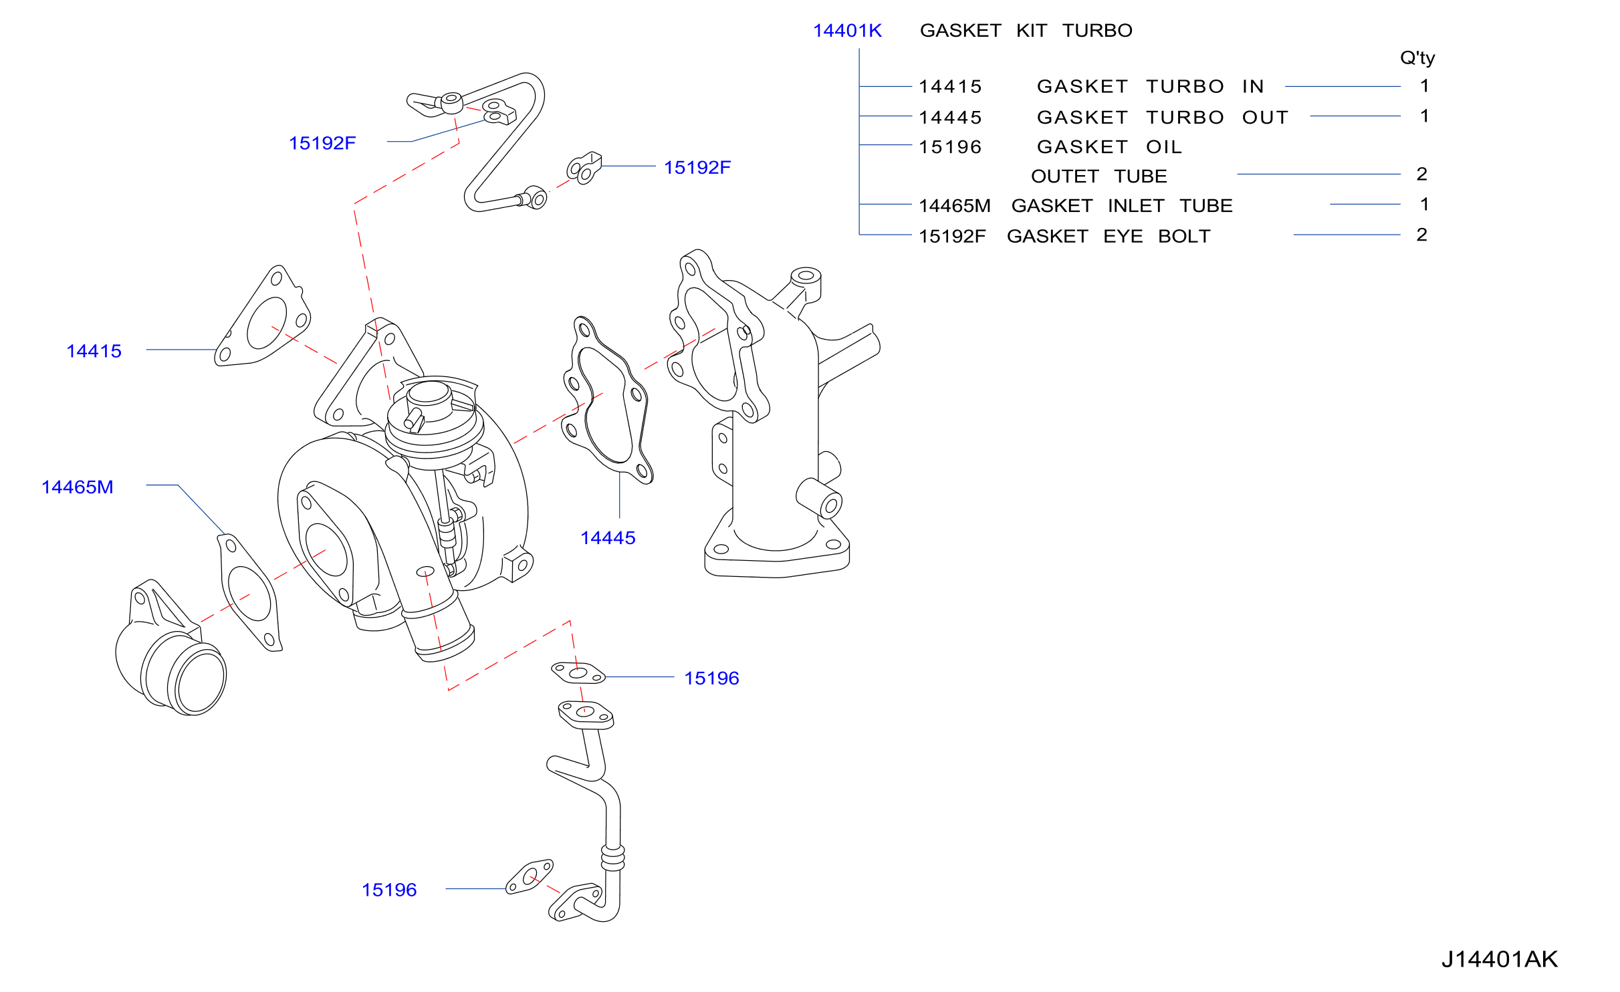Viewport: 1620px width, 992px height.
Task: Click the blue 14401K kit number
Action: tap(847, 31)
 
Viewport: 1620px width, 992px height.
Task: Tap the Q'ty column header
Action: tap(1417, 58)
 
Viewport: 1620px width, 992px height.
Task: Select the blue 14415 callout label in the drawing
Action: tap(94, 351)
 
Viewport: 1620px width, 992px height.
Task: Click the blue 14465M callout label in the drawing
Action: tap(78, 487)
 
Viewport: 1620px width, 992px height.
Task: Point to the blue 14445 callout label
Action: tap(608, 537)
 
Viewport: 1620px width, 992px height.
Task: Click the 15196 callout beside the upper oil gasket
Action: tap(711, 678)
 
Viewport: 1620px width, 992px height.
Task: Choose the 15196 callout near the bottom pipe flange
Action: tap(389, 890)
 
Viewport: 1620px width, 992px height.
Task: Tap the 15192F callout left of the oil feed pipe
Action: tap(322, 143)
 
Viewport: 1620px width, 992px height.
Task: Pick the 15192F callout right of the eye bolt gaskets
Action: tap(697, 167)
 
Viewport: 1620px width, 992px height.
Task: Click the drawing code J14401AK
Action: tap(1500, 959)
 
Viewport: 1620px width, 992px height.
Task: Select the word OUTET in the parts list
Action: tap(1065, 176)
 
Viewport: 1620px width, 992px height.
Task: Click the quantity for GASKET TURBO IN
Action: tap(1425, 86)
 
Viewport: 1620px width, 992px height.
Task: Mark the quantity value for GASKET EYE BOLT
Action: tap(1422, 235)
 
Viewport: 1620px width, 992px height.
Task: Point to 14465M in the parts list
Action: tap(955, 206)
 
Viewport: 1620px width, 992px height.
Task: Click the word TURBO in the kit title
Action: tap(1097, 31)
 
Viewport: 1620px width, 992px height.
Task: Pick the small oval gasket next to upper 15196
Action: tap(578, 672)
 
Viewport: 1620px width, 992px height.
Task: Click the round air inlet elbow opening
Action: tap(199, 680)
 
